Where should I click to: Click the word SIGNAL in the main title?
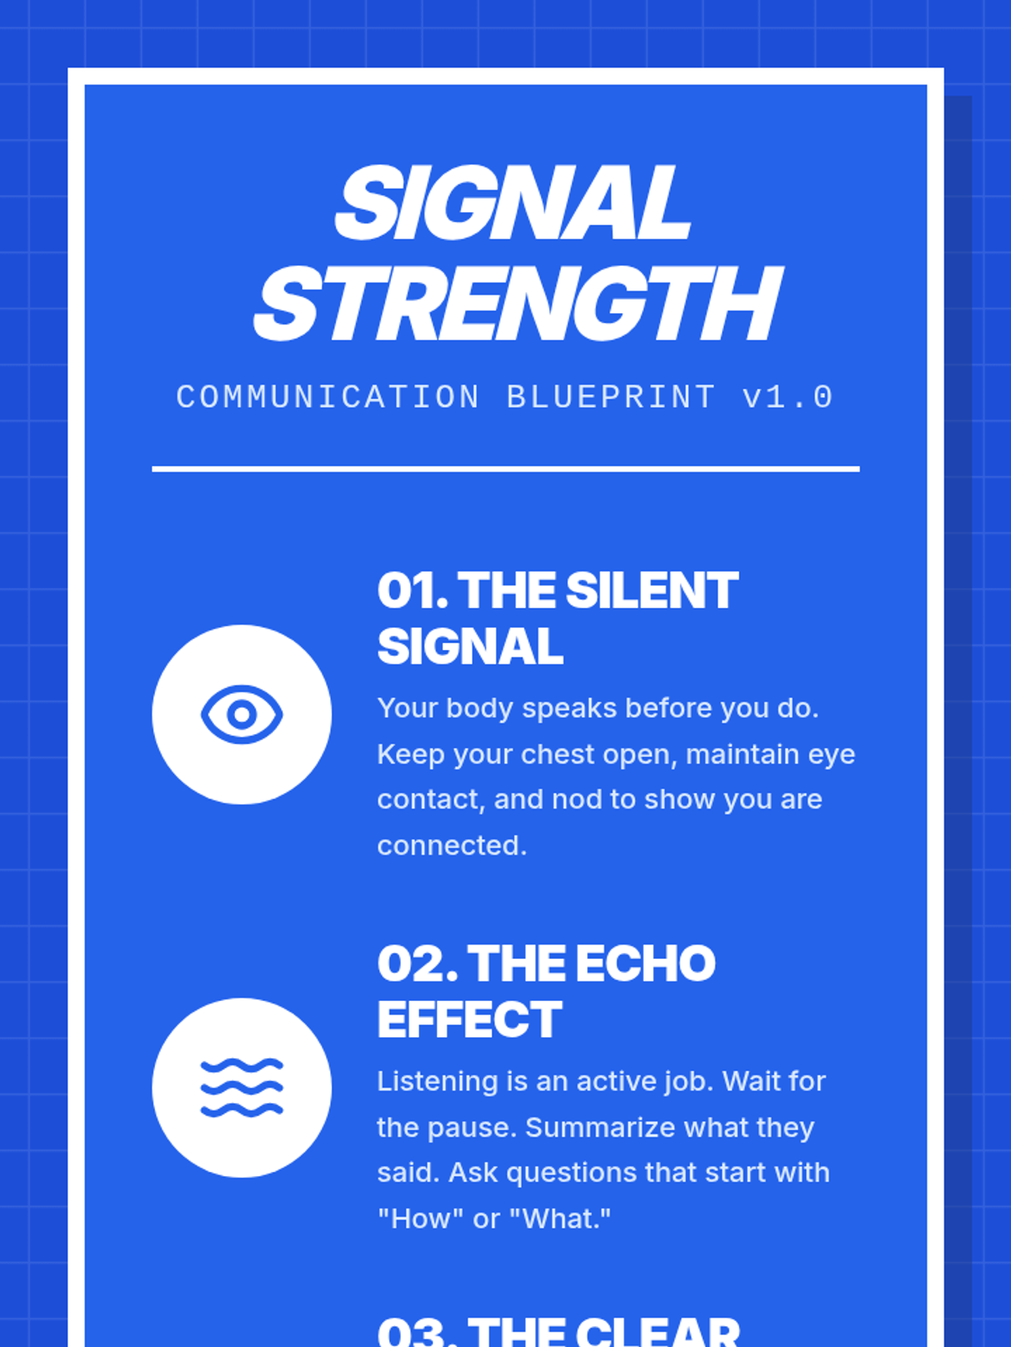click(x=513, y=203)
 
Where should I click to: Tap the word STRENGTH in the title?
click(x=518, y=304)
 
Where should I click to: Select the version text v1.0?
click(x=789, y=397)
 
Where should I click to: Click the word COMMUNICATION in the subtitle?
click(x=328, y=397)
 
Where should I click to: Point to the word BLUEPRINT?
click(x=611, y=397)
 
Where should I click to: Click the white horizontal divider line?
click(x=505, y=470)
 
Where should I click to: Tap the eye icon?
click(x=242, y=714)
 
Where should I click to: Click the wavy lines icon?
click(x=242, y=1088)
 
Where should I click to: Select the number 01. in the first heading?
click(x=413, y=590)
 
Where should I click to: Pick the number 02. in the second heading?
click(x=418, y=963)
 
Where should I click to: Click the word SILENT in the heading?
click(x=652, y=590)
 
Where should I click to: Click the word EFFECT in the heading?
click(x=469, y=1020)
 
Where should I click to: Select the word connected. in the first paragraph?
click(x=452, y=845)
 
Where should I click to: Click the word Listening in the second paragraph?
click(x=437, y=1082)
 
